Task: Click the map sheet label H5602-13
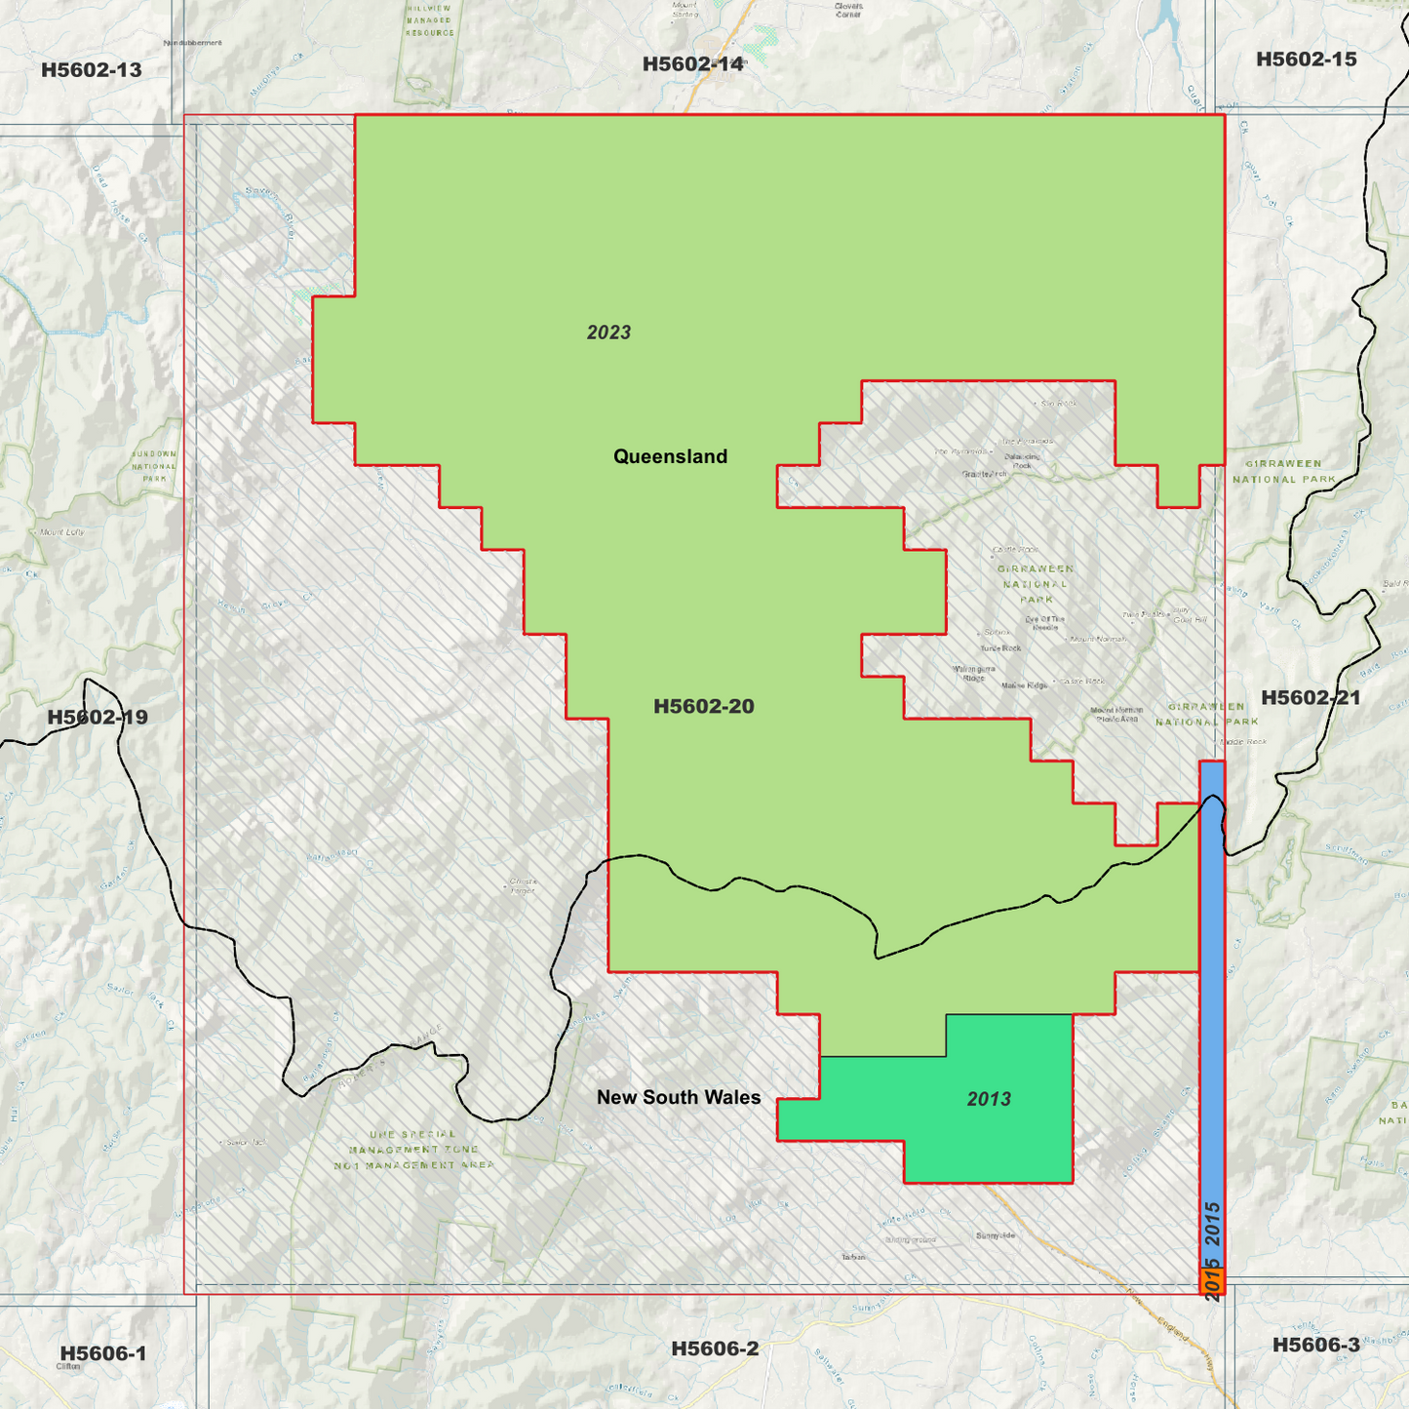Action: [x=92, y=70]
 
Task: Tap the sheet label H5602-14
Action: [x=692, y=64]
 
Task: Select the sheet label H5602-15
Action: [x=1306, y=59]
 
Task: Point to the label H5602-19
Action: [x=98, y=718]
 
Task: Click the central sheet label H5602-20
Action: [x=703, y=706]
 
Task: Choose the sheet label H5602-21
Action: [x=1310, y=697]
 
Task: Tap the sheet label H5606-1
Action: [x=102, y=1353]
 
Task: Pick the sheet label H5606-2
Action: [x=715, y=1349]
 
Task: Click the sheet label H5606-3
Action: [x=1315, y=1346]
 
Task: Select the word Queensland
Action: [x=670, y=456]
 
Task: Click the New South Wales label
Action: [x=679, y=1097]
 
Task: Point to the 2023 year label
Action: [x=608, y=333]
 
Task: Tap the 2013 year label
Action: [x=989, y=1099]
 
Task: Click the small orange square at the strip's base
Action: [x=1212, y=1281]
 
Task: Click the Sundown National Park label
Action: [x=154, y=466]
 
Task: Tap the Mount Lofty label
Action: [x=60, y=532]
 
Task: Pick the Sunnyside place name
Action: [x=996, y=1235]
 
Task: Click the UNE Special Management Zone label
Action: [x=413, y=1150]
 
